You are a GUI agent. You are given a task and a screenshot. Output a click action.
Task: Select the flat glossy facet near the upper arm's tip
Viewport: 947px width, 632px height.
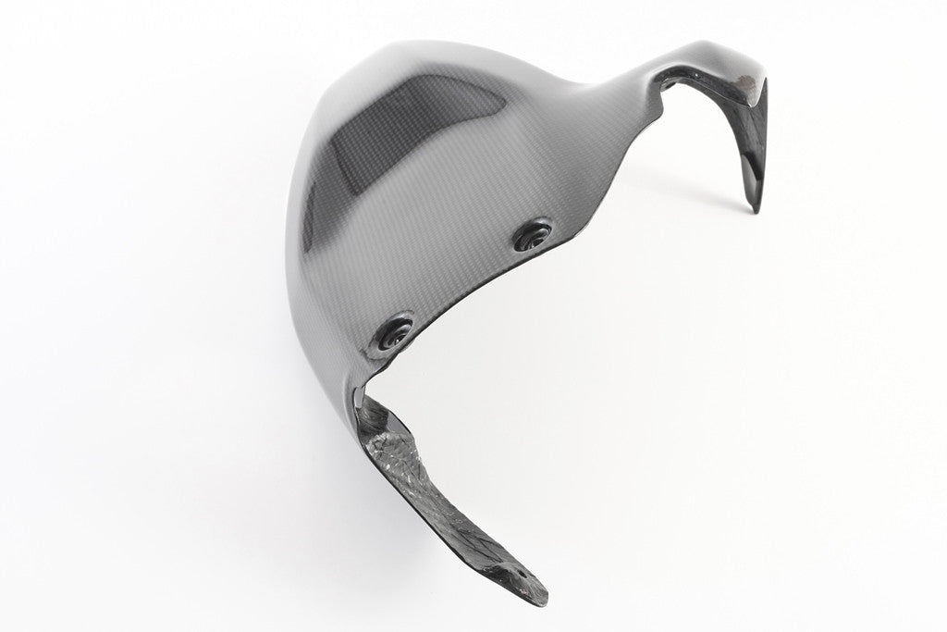[751, 148]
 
